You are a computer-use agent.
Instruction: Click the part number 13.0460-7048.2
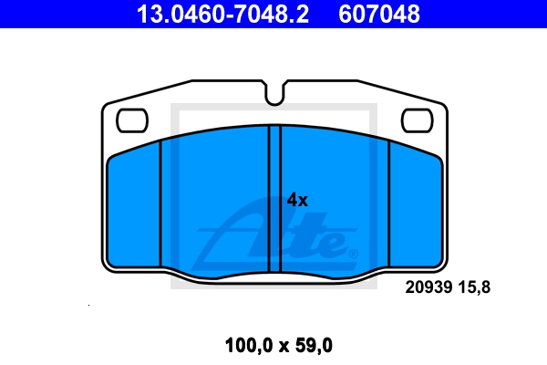point(222,15)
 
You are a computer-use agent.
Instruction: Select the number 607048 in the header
point(379,15)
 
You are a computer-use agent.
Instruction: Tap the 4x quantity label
point(297,200)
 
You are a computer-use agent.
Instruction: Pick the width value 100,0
point(248,346)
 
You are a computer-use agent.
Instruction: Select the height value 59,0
point(314,346)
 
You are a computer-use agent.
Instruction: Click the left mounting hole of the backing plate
point(132,120)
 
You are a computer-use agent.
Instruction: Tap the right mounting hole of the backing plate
point(418,120)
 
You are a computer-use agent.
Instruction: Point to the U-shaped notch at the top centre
point(274,94)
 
